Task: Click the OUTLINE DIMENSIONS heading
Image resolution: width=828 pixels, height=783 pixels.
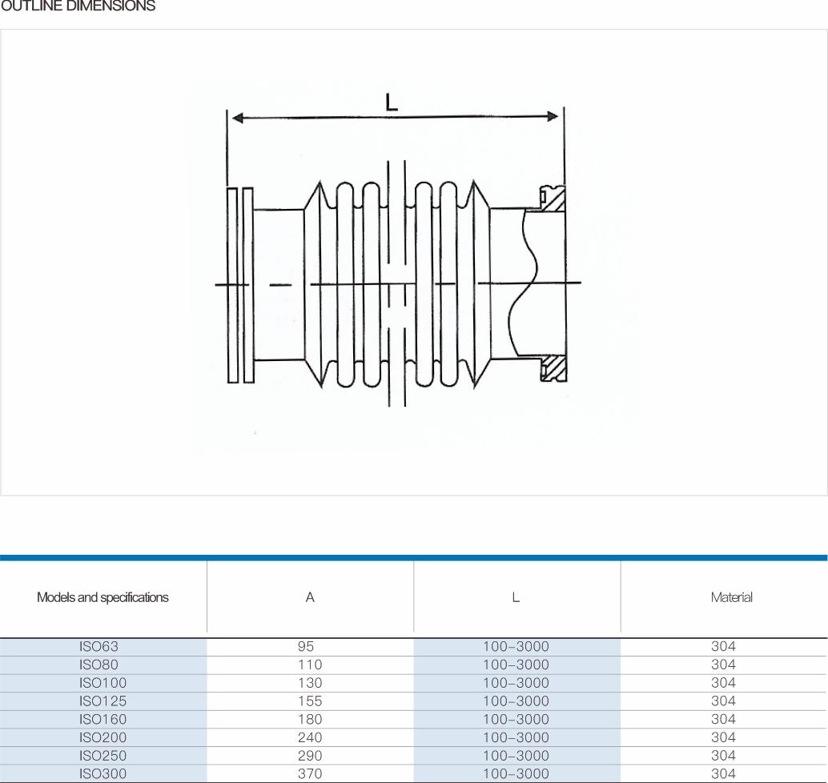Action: (78, 6)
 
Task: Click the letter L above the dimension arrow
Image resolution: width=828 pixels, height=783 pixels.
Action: (392, 102)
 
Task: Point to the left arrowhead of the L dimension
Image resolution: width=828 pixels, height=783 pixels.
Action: (238, 118)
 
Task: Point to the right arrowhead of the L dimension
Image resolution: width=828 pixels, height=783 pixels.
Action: (553, 116)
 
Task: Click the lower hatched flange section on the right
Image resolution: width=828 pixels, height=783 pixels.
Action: (553, 368)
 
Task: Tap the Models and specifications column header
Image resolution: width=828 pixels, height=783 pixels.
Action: (102, 597)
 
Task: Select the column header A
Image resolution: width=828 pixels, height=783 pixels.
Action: (310, 597)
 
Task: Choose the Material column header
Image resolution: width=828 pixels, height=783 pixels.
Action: (731, 597)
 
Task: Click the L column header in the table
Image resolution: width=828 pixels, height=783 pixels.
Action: (516, 597)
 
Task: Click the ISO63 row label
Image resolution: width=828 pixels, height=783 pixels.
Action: (98, 646)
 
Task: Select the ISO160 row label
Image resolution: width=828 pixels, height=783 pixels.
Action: (103, 719)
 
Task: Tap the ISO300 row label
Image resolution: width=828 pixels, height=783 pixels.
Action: (103, 773)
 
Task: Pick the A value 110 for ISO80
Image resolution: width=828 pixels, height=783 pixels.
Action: (310, 665)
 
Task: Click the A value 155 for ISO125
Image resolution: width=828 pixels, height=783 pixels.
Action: (310, 701)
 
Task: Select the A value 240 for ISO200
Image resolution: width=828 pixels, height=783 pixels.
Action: (310, 737)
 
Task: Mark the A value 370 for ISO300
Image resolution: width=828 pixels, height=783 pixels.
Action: (310, 773)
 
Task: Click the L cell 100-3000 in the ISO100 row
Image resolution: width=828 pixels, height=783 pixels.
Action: (516, 683)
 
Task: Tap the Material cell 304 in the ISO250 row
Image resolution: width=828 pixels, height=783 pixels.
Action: (723, 756)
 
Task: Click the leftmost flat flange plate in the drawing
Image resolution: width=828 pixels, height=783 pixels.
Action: (232, 285)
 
